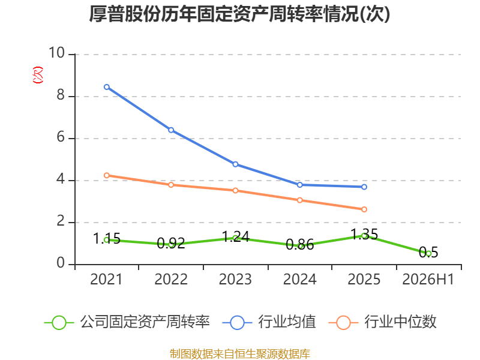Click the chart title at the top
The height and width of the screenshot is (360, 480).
pos(239,14)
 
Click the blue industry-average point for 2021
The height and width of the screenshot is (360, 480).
pos(107,87)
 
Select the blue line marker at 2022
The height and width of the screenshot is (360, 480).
pos(171,130)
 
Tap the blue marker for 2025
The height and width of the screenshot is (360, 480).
pos(364,187)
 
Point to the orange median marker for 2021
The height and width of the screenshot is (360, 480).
pos(107,175)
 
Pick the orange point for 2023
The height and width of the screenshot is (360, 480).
pos(235,190)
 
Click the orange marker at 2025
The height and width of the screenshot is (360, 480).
pos(364,209)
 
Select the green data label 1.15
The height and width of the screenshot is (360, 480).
pos(107,238)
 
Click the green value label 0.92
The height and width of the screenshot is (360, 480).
pos(171,244)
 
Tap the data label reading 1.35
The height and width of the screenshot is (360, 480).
pos(364,234)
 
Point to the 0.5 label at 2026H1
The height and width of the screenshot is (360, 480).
pos(428,252)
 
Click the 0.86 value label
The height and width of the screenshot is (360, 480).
pos(299,245)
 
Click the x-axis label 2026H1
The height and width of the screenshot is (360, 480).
pos(428,279)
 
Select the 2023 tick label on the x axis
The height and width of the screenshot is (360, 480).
pos(235,279)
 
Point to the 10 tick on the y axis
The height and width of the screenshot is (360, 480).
pos(56,53)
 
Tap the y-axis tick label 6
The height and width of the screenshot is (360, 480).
pos(61,137)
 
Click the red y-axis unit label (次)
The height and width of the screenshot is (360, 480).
pos(38,75)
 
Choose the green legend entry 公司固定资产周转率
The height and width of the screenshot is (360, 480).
pos(127,322)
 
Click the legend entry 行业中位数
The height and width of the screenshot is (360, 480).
pos(382,322)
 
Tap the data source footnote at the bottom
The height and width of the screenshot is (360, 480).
pos(239,354)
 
